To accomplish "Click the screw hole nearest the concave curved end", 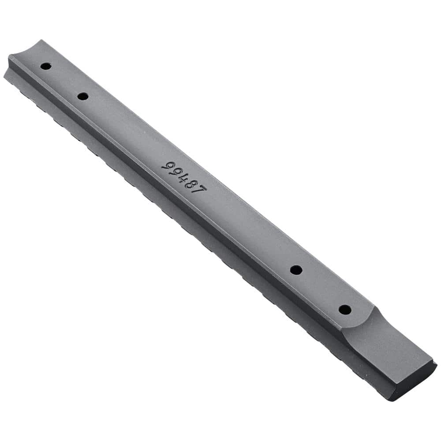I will click(45, 67).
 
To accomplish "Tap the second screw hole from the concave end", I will click(82, 96).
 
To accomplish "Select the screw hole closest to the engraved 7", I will click(296, 270).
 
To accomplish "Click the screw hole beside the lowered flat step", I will click(345, 310).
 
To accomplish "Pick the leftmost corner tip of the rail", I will click(4, 76).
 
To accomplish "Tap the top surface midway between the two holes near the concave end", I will click(64, 82).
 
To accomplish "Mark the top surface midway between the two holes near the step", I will click(321, 290).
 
